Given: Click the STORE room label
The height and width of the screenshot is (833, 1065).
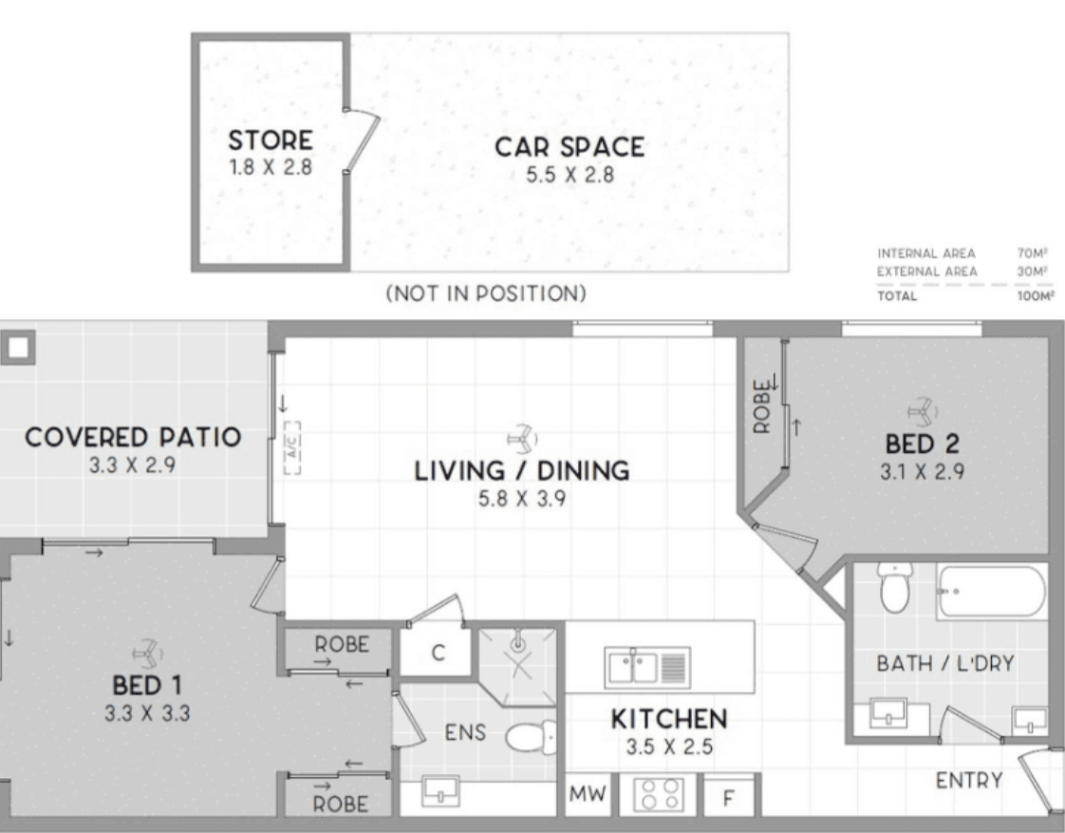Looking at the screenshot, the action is (x=271, y=140).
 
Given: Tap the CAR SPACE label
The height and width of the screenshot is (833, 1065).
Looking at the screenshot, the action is (x=570, y=147).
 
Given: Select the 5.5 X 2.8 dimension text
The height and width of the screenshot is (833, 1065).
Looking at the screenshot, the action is (x=570, y=175).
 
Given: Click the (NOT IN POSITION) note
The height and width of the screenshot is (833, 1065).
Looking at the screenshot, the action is (x=486, y=293).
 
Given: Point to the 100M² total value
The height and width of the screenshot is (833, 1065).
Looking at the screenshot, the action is (x=1036, y=295).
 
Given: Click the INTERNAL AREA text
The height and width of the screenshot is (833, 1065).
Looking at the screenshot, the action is (x=926, y=254).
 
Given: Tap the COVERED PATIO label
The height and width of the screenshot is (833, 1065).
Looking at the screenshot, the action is (x=133, y=437).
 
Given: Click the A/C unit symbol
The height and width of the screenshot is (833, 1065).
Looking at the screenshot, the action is (x=291, y=447).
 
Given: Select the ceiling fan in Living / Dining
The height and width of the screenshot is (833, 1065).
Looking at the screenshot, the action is (x=522, y=440).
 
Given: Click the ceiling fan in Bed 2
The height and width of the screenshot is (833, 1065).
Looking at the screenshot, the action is (x=923, y=411).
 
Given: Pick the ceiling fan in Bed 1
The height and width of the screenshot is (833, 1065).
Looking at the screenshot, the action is (x=147, y=653).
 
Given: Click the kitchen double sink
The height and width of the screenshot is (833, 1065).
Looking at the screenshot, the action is (x=647, y=667).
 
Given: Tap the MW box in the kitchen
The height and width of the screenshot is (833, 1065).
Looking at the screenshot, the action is (x=588, y=794).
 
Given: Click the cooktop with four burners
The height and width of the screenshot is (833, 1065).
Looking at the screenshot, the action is (x=659, y=794).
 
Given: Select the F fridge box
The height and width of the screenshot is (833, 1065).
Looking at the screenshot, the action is (x=728, y=796).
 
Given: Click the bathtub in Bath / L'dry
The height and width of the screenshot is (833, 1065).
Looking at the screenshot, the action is (x=992, y=592).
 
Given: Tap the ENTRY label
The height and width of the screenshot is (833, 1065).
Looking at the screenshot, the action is (x=969, y=781).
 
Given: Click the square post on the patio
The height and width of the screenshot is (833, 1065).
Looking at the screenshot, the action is (x=18, y=348).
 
